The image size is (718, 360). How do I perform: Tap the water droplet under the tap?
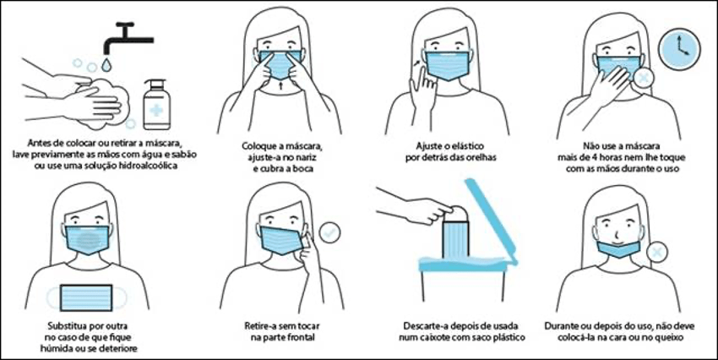point(106,65)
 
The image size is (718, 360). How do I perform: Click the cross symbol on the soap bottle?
point(156,111)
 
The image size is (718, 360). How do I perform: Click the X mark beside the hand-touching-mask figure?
point(643,78)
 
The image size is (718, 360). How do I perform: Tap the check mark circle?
point(329,232)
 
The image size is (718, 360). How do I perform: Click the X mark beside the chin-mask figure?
point(657,253)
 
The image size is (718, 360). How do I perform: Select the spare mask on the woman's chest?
point(86,297)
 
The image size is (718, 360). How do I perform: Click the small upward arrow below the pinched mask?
point(280,85)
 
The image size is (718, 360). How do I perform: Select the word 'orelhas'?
point(481,157)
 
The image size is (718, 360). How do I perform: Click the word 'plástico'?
point(509,338)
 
